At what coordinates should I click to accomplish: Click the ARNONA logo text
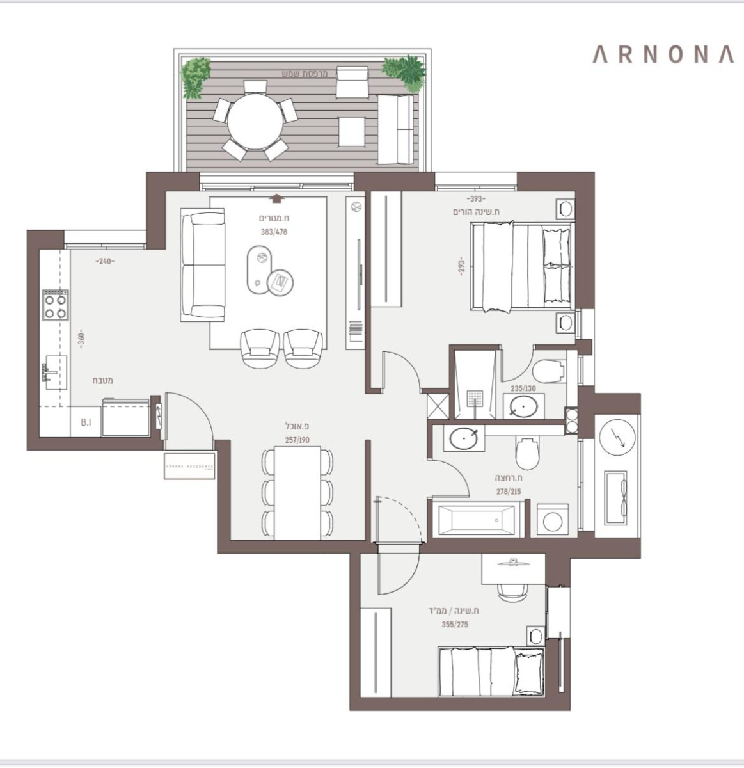click(662, 54)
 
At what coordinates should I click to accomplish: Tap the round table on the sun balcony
click(255, 121)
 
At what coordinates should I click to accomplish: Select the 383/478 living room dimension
click(274, 232)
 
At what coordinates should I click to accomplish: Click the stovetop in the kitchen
click(55, 305)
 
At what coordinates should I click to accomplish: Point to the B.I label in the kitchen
click(86, 422)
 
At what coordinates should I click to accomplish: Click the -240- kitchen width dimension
click(104, 261)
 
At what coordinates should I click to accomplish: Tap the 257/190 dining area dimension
click(297, 440)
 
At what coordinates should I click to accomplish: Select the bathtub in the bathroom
click(477, 519)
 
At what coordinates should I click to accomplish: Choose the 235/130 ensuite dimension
click(523, 388)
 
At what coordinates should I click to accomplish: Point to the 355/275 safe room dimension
click(455, 625)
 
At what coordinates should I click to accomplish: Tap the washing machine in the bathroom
click(550, 520)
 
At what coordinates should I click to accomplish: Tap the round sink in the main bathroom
click(463, 439)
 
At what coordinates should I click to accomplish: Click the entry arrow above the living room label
click(276, 198)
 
